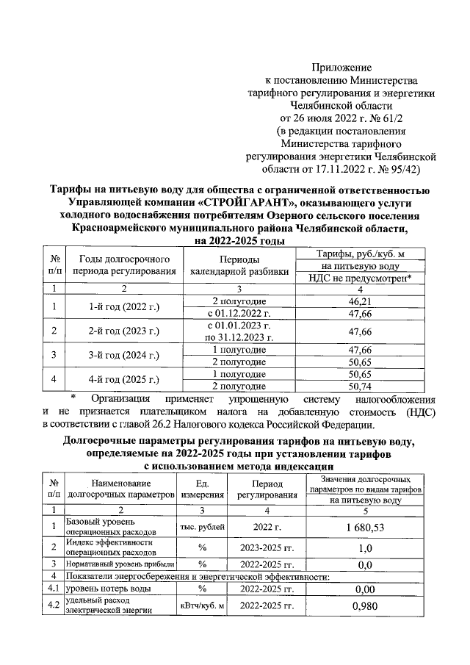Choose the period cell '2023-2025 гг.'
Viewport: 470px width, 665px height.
pyautogui.click(x=267, y=548)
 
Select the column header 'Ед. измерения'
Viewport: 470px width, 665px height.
pyautogui.click(x=202, y=489)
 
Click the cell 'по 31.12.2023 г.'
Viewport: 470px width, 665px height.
pyautogui.click(x=239, y=337)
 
